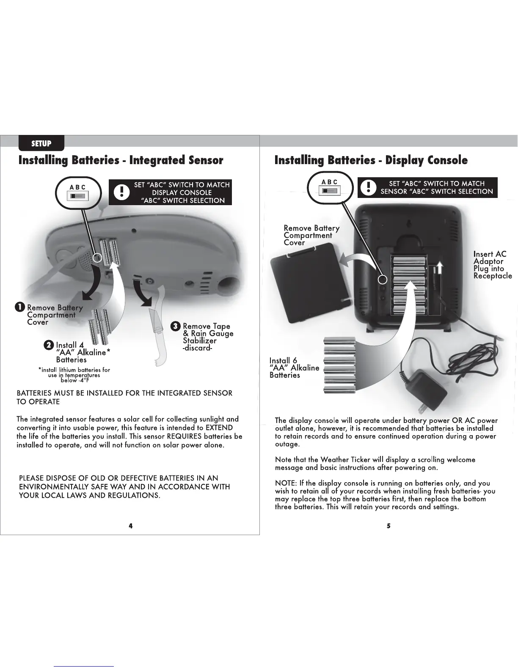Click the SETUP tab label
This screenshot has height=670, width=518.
click(41, 143)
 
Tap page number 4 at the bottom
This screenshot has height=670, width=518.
click(131, 526)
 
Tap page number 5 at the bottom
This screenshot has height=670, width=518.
click(388, 526)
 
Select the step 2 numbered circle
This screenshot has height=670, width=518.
click(49, 345)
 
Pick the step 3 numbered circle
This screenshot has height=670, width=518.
click(176, 326)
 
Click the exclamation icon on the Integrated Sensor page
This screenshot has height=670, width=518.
click(122, 192)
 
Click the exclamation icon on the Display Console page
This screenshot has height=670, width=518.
click(369, 187)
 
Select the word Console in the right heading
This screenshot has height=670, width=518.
click(447, 160)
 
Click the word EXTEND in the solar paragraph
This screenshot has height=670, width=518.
click(219, 428)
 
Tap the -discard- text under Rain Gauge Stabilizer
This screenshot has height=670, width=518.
click(197, 348)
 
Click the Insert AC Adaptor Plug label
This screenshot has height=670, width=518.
click(492, 265)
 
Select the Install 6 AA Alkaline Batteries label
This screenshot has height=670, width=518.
click(294, 368)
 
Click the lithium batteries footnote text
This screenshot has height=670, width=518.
click(74, 375)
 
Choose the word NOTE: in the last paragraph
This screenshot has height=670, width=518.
click(286, 483)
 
